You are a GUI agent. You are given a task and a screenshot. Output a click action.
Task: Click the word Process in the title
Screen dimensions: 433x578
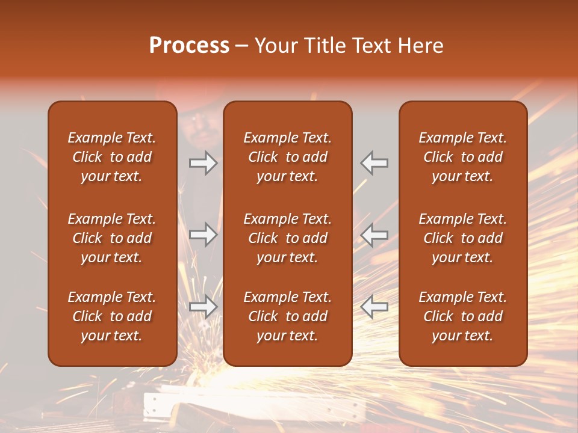click(189, 46)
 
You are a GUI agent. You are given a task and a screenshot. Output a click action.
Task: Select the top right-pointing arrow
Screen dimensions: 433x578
click(204, 163)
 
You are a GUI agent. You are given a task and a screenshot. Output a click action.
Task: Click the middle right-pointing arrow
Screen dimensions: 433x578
click(204, 235)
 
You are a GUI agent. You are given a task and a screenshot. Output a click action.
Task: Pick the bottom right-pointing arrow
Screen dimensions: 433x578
click(204, 307)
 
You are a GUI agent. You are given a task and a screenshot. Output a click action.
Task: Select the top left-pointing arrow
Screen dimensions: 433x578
click(374, 163)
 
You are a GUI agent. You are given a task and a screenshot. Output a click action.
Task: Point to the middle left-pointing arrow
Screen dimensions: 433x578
click(374, 235)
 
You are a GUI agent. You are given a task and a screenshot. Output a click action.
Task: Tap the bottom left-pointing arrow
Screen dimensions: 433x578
click(374, 307)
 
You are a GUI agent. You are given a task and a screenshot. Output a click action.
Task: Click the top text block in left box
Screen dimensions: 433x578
click(112, 157)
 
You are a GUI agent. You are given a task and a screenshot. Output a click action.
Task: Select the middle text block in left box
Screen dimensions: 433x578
click(112, 238)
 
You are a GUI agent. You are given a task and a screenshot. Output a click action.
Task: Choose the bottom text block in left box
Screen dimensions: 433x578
click(112, 316)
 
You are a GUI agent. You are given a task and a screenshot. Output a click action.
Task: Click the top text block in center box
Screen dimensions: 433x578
click(287, 157)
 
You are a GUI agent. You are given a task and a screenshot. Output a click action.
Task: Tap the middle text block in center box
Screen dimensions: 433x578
click(287, 238)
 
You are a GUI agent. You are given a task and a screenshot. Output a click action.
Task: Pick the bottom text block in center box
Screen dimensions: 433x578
click(287, 316)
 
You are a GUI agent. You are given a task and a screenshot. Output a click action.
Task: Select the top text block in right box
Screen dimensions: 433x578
click(462, 157)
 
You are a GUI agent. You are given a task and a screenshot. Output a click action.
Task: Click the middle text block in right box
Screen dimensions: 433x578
click(462, 238)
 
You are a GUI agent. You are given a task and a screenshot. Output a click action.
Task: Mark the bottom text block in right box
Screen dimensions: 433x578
click(462, 316)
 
